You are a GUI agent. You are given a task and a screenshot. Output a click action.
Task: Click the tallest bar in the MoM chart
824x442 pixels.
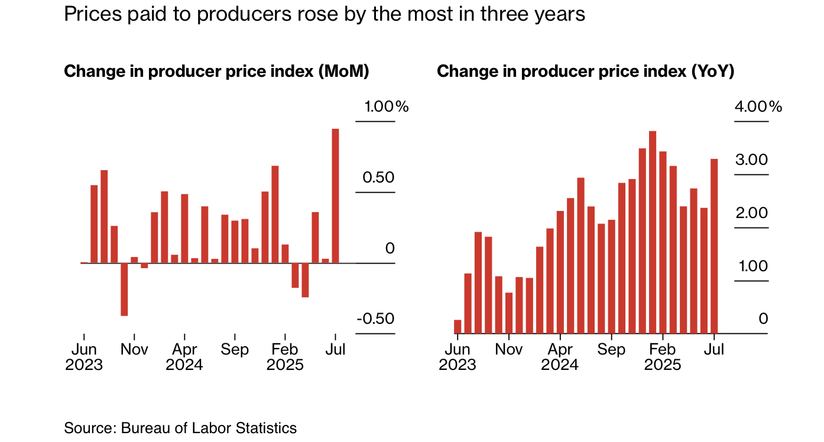tap(335, 196)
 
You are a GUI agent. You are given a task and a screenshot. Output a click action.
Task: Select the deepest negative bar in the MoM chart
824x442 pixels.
tap(124, 289)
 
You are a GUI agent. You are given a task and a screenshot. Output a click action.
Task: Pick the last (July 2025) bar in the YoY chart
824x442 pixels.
tap(714, 246)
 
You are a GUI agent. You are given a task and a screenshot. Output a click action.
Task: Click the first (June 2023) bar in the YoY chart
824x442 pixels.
tap(458, 327)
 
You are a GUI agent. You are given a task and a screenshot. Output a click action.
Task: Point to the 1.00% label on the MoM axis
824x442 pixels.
tap(386, 107)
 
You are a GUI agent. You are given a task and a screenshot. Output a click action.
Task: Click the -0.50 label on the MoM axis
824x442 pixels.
tap(375, 319)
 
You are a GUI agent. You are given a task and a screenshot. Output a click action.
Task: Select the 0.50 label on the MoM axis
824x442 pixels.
tap(378, 178)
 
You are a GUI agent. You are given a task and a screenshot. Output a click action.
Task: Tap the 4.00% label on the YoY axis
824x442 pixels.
tap(758, 107)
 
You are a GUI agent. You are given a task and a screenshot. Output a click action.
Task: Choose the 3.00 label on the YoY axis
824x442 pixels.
tap(751, 160)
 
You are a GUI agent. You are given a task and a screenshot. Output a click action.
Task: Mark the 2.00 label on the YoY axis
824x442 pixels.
tap(751, 213)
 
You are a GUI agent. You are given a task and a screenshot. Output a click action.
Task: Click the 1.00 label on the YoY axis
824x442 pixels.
tap(751, 266)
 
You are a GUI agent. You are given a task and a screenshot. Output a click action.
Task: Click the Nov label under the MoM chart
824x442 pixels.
tap(134, 349)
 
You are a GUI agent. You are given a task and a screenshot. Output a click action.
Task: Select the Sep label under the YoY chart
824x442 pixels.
tap(611, 349)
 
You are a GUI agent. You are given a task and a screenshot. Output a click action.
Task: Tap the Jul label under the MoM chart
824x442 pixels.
tap(335, 349)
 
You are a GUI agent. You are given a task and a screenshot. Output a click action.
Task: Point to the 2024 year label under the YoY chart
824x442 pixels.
tap(560, 365)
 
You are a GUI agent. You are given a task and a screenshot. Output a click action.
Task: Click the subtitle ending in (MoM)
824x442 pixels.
tap(216, 71)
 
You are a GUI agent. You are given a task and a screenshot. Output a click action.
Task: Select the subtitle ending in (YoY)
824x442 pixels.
tap(585, 71)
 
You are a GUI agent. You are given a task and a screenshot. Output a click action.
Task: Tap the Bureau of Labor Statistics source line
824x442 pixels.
tap(180, 428)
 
